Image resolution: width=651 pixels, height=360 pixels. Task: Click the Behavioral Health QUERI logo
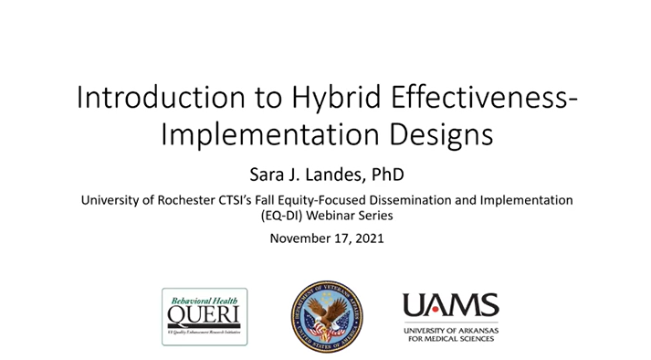pos(204,315)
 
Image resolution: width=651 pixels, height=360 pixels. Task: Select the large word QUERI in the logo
pos(203,315)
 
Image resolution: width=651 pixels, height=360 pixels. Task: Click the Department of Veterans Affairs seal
pos(326,316)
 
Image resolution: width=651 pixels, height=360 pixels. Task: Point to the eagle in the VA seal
pos(326,312)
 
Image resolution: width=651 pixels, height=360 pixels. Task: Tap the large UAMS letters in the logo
pos(451,305)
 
